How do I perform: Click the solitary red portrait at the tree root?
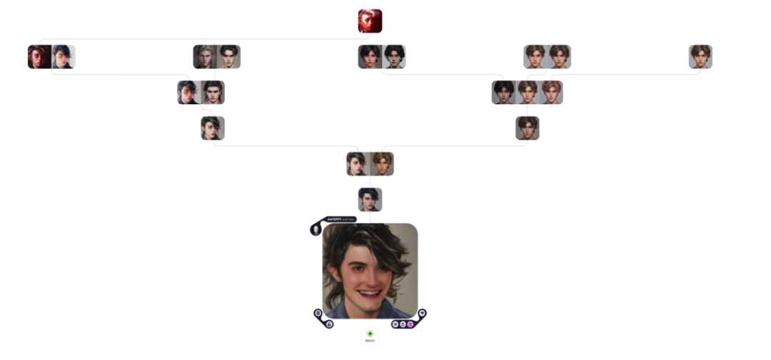click(x=370, y=21)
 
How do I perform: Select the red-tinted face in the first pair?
click(x=39, y=56)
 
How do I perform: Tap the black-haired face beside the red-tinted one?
click(x=64, y=56)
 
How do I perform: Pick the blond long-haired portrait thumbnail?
click(x=204, y=56)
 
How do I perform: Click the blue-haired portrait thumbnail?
click(x=188, y=92)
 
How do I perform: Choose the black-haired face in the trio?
click(x=503, y=92)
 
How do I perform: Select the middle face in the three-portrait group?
click(x=527, y=92)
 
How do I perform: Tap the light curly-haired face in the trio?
click(x=551, y=92)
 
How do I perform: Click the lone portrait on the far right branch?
click(x=700, y=56)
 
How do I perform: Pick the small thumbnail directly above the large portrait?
click(x=370, y=199)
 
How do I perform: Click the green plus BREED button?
click(x=370, y=334)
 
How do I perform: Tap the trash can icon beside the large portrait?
click(x=318, y=313)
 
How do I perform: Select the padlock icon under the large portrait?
click(x=329, y=324)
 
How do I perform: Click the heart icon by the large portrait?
click(x=422, y=313)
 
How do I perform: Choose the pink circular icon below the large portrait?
click(x=410, y=324)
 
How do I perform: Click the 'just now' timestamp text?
click(x=348, y=219)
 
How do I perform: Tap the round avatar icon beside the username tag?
click(x=316, y=229)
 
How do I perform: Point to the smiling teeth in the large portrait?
click(x=370, y=293)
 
